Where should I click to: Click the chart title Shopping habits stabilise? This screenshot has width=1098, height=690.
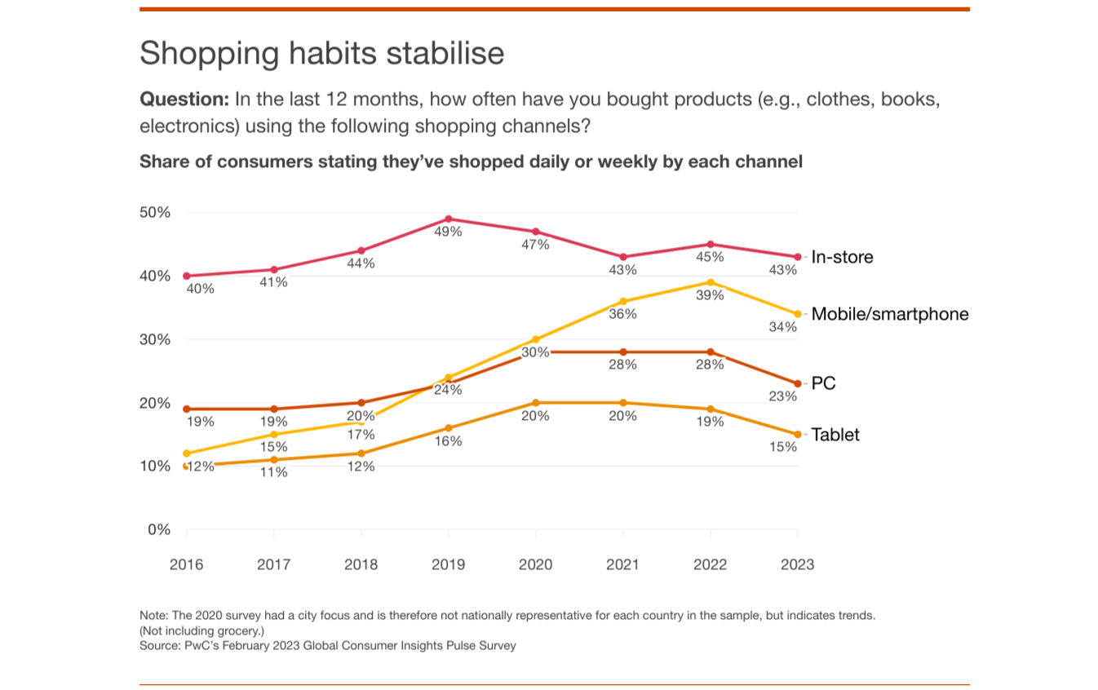[x=321, y=54]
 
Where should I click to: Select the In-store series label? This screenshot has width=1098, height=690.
[x=842, y=257]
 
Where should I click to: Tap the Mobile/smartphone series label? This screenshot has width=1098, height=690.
[x=889, y=314]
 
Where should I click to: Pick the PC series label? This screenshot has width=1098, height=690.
[x=823, y=383]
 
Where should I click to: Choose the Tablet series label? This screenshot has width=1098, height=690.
[x=835, y=435]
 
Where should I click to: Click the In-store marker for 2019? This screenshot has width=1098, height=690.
[x=449, y=219]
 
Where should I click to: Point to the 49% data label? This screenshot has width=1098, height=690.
[x=448, y=232]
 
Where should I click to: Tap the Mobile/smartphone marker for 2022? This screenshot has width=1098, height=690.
[x=711, y=282]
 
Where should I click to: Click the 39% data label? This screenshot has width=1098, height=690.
[x=710, y=295]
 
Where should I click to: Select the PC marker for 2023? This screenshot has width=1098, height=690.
[x=798, y=383]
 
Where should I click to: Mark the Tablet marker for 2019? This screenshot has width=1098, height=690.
[x=449, y=428]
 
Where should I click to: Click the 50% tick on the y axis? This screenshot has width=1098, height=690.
[x=155, y=213]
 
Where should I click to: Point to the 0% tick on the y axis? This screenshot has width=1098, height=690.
[x=159, y=530]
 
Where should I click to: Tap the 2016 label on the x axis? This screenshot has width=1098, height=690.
[x=186, y=564]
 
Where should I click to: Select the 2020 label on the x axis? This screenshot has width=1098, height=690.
[x=535, y=564]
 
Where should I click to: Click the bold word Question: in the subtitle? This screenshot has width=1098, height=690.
[x=184, y=100]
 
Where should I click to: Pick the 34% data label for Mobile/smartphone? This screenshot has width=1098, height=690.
[x=783, y=327]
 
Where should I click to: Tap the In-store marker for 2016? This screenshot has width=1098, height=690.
[x=187, y=276]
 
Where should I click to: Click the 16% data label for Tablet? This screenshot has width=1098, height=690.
[x=448, y=441]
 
